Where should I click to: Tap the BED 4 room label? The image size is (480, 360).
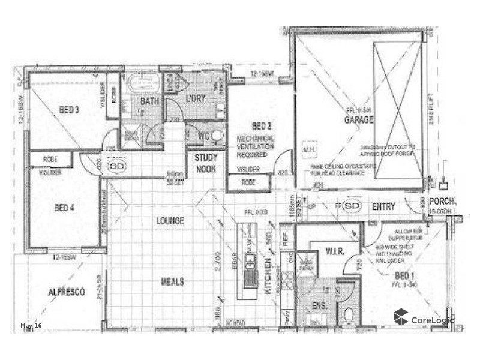[x=64, y=208]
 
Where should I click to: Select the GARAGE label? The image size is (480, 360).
[x=358, y=120]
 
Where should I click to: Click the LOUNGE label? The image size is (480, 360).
[x=170, y=221]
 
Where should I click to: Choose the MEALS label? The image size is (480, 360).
[x=172, y=281]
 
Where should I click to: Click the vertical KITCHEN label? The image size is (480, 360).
[x=268, y=276]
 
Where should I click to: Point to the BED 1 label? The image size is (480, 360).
[x=405, y=277]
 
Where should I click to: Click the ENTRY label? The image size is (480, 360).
[x=383, y=207]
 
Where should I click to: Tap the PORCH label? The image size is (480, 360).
[x=443, y=203]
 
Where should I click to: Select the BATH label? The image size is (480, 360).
[x=149, y=101]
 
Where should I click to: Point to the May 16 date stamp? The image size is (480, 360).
[x=31, y=326]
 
